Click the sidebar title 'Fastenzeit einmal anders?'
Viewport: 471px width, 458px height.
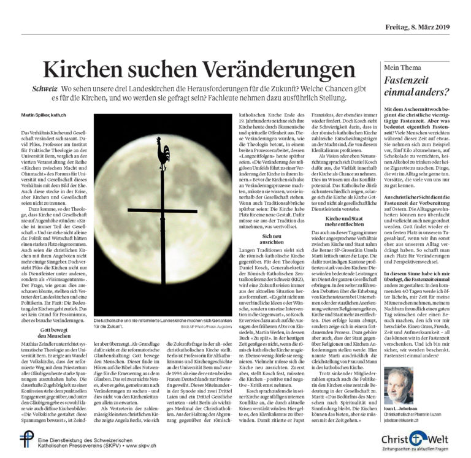(x=416, y=86)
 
